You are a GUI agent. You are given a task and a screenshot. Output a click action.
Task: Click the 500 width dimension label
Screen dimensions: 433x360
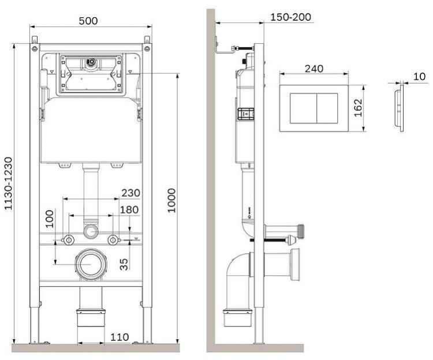tap(88, 21)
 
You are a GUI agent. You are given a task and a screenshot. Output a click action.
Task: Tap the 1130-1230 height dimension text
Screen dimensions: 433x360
tap(8, 183)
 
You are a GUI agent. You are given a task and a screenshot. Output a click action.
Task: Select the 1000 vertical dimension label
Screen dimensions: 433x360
tap(171, 201)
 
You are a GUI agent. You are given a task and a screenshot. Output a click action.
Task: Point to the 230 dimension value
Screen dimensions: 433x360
tap(131, 193)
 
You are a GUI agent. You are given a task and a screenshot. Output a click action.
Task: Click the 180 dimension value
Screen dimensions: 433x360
tap(129, 210)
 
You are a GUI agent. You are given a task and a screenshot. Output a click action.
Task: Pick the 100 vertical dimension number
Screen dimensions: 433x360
tap(50, 219)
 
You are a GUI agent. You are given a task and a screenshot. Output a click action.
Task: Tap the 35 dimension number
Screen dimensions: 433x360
tap(124, 264)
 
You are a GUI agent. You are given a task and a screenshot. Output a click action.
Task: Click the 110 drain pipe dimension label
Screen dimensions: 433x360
tap(120, 337)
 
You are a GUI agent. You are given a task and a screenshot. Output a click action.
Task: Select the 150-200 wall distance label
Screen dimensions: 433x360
tap(290, 17)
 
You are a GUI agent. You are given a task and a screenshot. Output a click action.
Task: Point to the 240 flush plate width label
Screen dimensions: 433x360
tap(314, 69)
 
